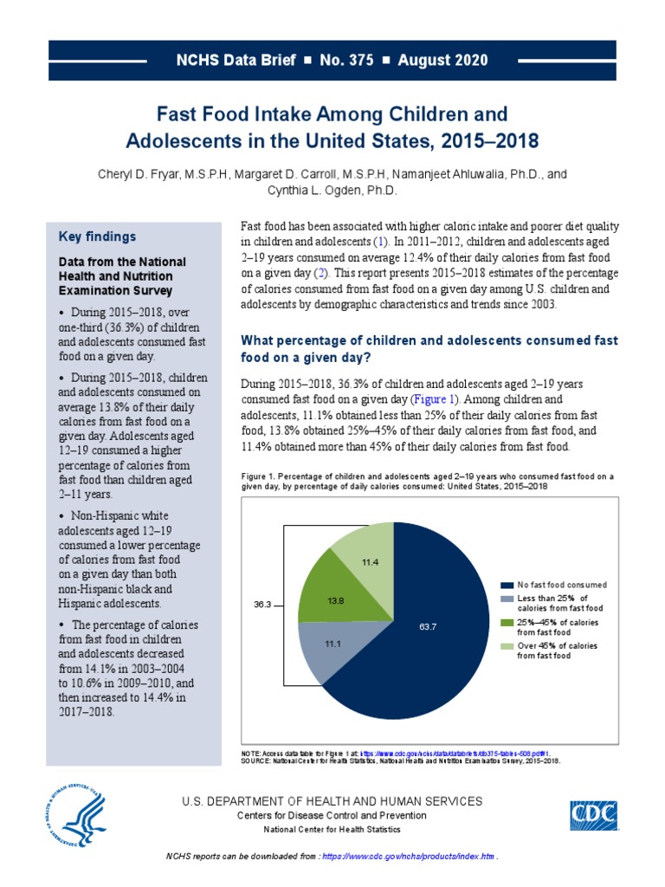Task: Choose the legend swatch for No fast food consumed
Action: (507, 585)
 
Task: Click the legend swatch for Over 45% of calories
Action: (507, 647)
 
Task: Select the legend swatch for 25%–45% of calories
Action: (507, 623)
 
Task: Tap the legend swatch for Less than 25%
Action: (507, 599)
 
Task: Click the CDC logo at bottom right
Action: (597, 817)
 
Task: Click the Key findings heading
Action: (97, 236)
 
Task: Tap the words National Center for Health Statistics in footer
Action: (332, 830)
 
